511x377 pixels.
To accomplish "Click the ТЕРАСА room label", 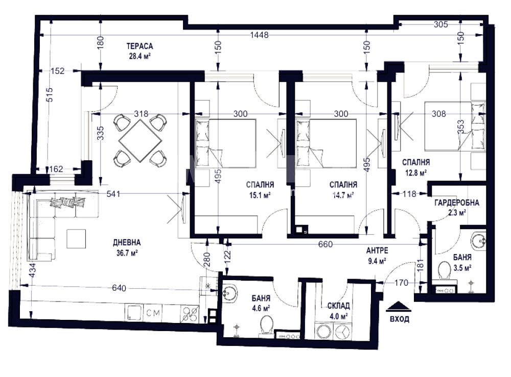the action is pyautogui.click(x=140, y=46).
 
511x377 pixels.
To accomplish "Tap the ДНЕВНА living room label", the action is pyautogui.click(x=127, y=242).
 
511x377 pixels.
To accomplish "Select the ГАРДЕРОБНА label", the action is pyautogui.click(x=456, y=203).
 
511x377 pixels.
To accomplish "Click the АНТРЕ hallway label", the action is pyautogui.click(x=377, y=250).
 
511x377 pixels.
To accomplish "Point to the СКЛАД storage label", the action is pyautogui.click(x=339, y=306).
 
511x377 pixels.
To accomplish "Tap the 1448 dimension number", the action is pyautogui.click(x=259, y=35).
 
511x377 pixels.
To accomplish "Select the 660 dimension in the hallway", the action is pyautogui.click(x=326, y=244).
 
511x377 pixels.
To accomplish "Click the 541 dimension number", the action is pyautogui.click(x=113, y=194).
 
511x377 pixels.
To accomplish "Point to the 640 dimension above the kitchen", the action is pyautogui.click(x=119, y=288).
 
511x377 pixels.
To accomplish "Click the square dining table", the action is pyautogui.click(x=141, y=140).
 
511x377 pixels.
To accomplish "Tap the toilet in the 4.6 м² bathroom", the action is pyautogui.click(x=267, y=325).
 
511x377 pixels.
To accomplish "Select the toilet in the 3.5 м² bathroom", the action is pyautogui.click(x=444, y=271).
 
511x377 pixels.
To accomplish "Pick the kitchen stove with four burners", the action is pyautogui.click(x=189, y=314).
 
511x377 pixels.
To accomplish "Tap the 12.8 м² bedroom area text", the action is pyautogui.click(x=416, y=173).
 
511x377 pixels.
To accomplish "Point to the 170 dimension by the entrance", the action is pyautogui.click(x=401, y=283).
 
